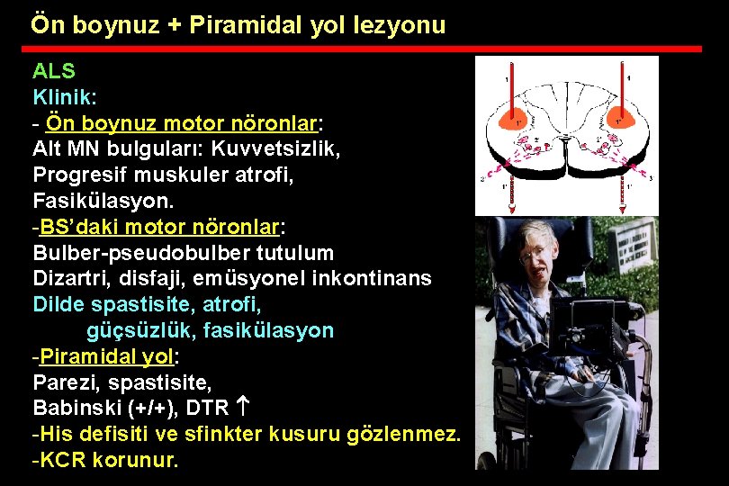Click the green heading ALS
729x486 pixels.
(54, 71)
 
